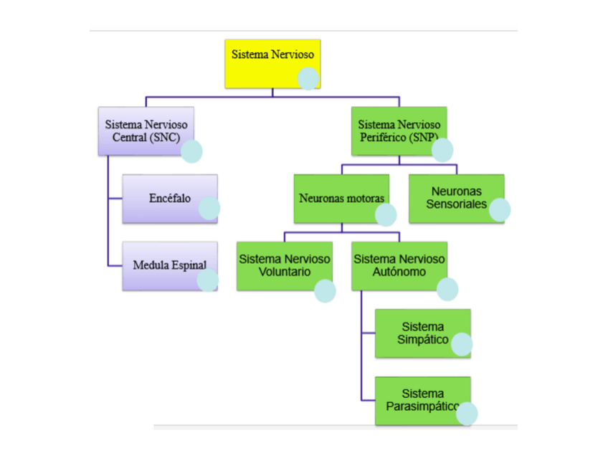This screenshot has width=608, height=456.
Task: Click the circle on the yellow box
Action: point(308,78)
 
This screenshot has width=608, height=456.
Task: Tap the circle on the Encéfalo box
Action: point(209,208)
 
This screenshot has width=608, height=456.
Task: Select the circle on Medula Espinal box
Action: point(207,280)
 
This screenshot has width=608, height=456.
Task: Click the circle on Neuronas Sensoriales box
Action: point(499,209)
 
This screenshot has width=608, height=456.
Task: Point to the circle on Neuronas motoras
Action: point(386,214)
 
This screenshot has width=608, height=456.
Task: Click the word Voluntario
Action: point(285,272)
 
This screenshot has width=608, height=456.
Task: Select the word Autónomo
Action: point(399,272)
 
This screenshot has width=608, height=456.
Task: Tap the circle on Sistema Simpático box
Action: point(462,345)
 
